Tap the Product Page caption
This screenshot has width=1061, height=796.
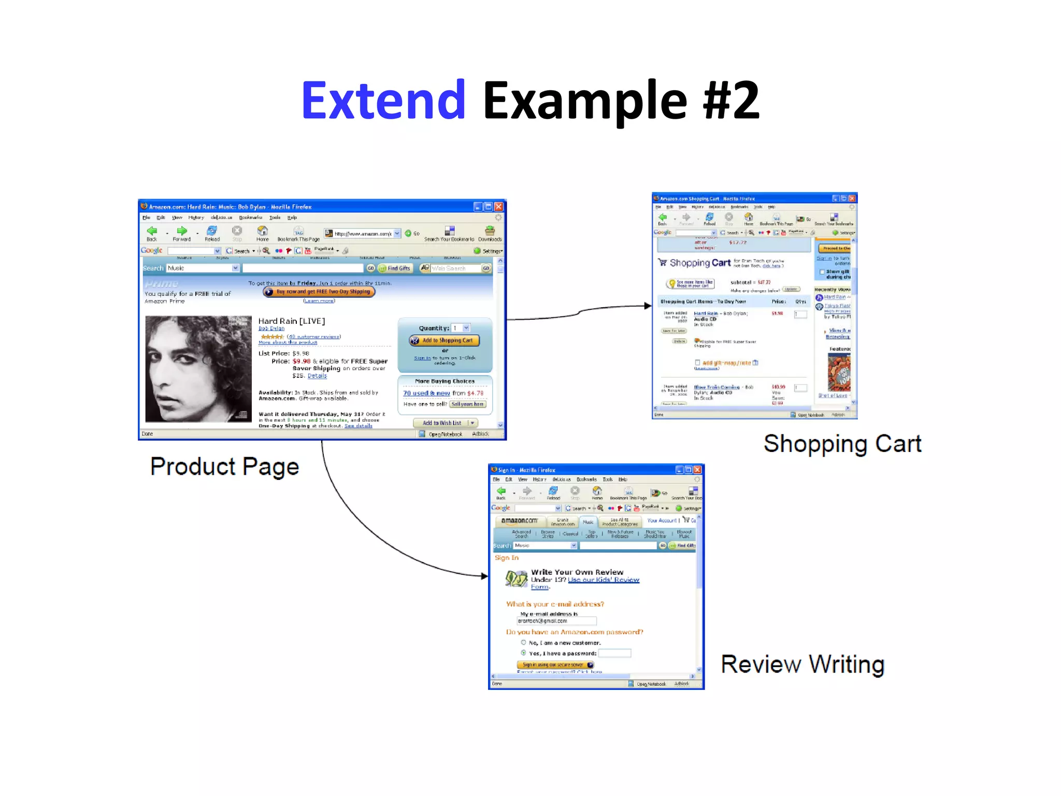coord(224,466)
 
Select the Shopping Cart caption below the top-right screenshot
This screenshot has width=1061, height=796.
coord(842,444)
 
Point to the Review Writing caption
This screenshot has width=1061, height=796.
coord(802,664)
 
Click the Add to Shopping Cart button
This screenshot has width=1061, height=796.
coord(444,340)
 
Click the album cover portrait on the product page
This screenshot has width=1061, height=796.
coord(198,368)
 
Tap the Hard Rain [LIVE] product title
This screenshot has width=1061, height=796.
coord(291,321)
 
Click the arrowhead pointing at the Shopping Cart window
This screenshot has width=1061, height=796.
coord(648,306)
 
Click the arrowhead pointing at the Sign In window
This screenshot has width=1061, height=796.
coord(484,576)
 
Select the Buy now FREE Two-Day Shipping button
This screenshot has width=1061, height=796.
coord(319,292)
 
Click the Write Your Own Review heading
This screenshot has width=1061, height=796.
coord(577,572)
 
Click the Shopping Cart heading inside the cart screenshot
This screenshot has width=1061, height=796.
coord(699,263)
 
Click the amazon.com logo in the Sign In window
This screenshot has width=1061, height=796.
coord(519,521)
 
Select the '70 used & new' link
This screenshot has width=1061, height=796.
coord(426,393)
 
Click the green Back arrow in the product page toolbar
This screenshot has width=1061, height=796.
coord(152,231)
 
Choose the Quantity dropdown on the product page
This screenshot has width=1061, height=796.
coord(461,328)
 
